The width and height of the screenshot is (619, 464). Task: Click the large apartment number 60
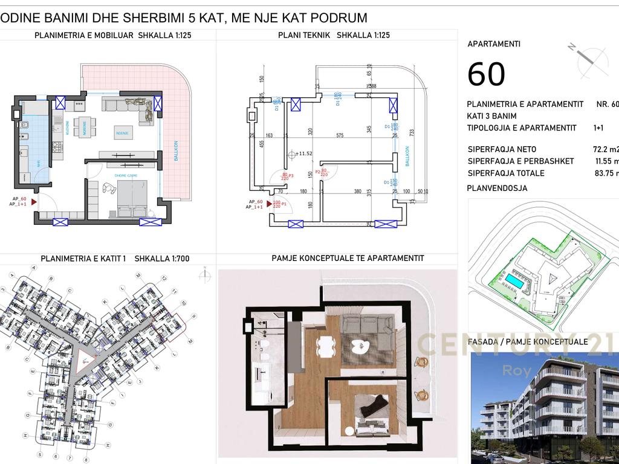coord(486,74)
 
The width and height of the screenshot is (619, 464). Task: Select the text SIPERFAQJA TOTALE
coord(505,173)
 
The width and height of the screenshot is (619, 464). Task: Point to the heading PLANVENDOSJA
coord(497,188)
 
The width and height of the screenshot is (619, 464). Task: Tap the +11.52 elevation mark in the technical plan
coord(302,154)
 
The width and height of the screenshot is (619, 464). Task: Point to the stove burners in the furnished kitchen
coord(58,147)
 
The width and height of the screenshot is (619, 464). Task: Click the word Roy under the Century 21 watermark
coord(514,370)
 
